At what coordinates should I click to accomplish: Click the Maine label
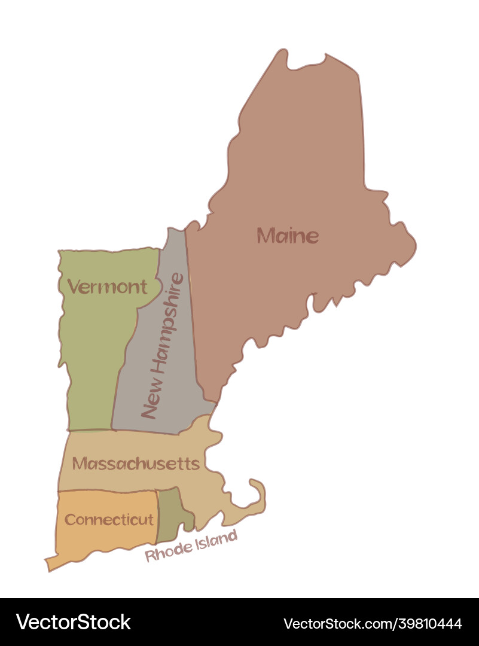[288, 236]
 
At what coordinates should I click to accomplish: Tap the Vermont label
[107, 287]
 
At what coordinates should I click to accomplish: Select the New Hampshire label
[162, 345]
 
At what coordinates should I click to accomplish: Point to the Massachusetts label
[136, 464]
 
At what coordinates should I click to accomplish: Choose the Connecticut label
[109, 520]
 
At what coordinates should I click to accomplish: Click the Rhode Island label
[191, 547]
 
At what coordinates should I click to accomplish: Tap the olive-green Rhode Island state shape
[172, 512]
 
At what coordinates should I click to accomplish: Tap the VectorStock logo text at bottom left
[74, 622]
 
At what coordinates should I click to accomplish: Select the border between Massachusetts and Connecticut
[108, 492]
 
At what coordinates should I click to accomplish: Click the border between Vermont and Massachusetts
[90, 430]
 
